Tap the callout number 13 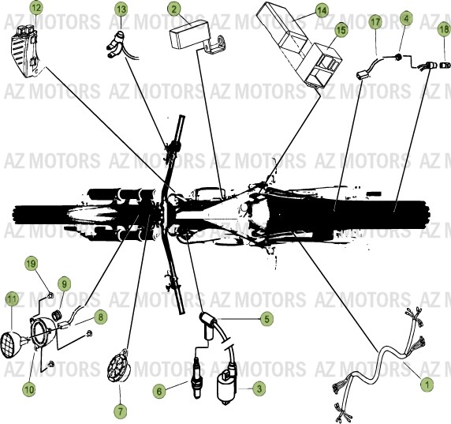click(x=120, y=9)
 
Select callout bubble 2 click(x=173, y=9)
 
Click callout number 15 click(x=340, y=30)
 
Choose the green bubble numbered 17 click(x=375, y=24)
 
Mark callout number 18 click(x=443, y=28)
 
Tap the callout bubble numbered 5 click(x=266, y=319)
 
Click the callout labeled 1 click(x=426, y=385)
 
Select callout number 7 click(x=120, y=411)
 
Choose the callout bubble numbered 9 click(x=64, y=283)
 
